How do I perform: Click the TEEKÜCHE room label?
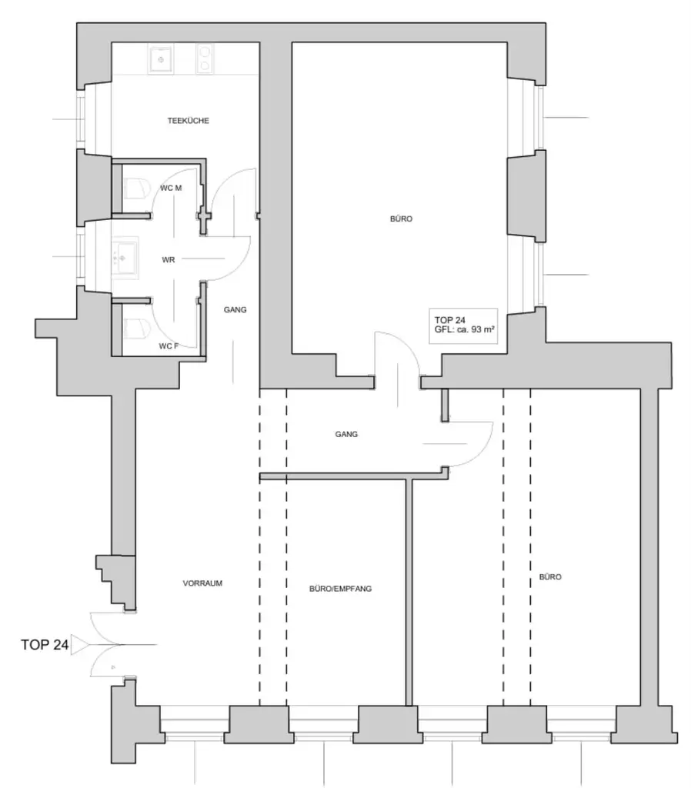(189, 121)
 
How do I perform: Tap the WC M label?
(171, 187)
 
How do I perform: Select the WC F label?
(169, 346)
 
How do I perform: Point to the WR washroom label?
(168, 260)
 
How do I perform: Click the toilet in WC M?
(136, 189)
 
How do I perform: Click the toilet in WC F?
(136, 329)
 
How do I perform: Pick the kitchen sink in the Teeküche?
(161, 58)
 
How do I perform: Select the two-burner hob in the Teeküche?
(205, 58)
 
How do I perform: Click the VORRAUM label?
(202, 583)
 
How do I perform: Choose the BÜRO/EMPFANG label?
(340, 589)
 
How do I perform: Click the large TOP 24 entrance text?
(45, 645)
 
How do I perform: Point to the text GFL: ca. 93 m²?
(464, 329)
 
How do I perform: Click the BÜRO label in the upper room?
(401, 219)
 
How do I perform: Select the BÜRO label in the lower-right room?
(549, 576)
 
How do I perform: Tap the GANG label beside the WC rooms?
(235, 309)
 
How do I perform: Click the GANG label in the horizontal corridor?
(346, 434)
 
